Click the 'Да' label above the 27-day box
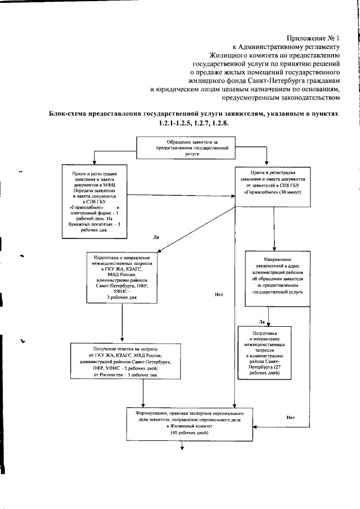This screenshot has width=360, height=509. pos(262,322)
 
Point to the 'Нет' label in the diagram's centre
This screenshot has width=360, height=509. pos(219,294)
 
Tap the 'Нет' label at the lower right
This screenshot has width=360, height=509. pos(290,418)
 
